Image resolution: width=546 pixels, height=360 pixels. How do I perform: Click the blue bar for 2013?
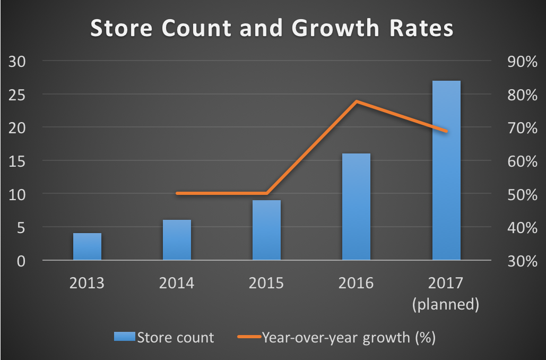(x=87, y=247)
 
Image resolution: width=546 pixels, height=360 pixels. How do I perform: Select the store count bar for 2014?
(x=177, y=240)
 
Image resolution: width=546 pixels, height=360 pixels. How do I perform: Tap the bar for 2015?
(x=266, y=230)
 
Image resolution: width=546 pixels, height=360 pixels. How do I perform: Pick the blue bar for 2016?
(x=356, y=207)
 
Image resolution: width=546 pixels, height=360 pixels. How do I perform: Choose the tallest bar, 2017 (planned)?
(x=446, y=170)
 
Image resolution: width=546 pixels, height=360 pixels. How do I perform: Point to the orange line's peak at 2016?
(x=357, y=101)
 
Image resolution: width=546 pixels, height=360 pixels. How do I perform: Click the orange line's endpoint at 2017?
(x=446, y=131)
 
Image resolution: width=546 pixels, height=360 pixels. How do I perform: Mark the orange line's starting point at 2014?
(x=177, y=193)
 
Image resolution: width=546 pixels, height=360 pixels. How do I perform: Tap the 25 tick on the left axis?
(x=18, y=95)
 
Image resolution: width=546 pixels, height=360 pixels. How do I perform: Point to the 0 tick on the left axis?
(x=22, y=261)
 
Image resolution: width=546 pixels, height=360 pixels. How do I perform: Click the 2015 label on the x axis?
(x=266, y=282)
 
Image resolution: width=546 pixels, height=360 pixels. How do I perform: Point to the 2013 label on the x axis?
(x=87, y=282)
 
